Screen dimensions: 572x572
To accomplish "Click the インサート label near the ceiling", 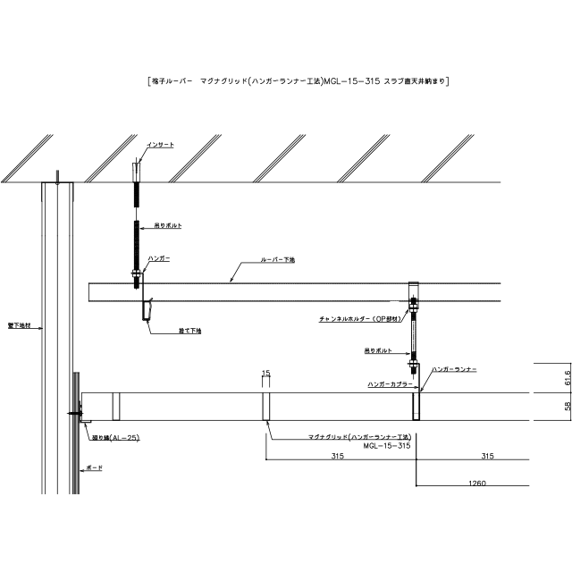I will pyautogui.click(x=161, y=144).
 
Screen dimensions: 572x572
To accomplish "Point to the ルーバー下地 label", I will pyautogui.click(x=278, y=259).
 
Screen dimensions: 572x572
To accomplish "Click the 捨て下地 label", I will pyautogui.click(x=189, y=331).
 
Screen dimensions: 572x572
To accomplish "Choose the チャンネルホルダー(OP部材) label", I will pyautogui.click(x=358, y=317).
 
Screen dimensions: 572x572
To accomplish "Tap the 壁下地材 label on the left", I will pyautogui.click(x=18, y=326).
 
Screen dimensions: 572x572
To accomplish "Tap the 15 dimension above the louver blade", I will pyautogui.click(x=265, y=372).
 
